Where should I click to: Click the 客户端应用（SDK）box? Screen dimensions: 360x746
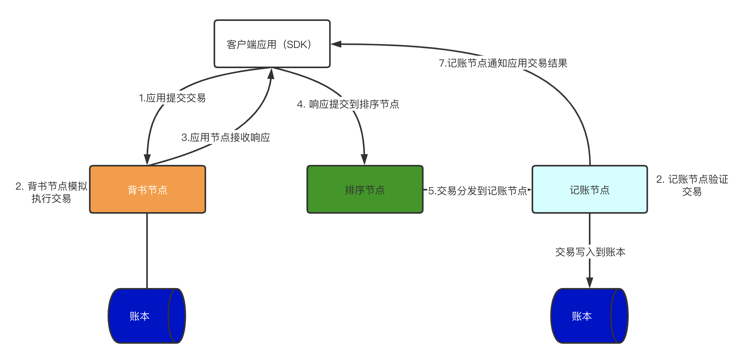[x=272, y=44]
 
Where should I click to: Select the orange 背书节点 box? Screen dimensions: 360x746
[x=147, y=189]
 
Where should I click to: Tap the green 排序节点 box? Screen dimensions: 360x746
[x=364, y=189]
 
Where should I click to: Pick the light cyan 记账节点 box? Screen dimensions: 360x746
[x=589, y=189]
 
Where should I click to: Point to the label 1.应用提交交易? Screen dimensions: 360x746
[x=172, y=98]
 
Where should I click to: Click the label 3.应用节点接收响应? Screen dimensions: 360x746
[x=226, y=137]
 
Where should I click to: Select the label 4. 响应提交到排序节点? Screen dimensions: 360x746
[x=348, y=104]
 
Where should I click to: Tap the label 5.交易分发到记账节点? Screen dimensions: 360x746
[x=477, y=191]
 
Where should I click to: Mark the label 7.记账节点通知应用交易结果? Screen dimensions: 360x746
[x=503, y=63]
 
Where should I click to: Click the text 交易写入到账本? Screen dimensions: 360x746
[x=590, y=252]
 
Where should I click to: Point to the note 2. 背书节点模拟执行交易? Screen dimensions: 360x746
[x=51, y=192]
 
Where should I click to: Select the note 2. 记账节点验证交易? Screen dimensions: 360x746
[x=692, y=185]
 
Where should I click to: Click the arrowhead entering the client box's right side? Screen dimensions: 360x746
[x=336, y=44]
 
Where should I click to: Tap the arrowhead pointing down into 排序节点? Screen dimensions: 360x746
[x=364, y=159]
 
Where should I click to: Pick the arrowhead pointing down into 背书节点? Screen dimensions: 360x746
[x=147, y=159]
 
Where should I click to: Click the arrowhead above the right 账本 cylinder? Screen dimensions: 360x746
[x=590, y=283]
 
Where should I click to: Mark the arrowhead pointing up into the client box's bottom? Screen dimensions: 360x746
[x=271, y=74]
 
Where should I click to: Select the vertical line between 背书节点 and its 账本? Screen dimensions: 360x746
[x=147, y=250]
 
